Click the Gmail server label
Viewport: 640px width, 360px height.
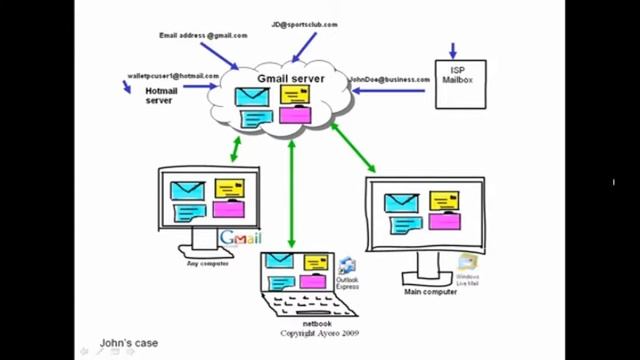291,77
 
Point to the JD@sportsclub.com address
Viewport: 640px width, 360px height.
304,24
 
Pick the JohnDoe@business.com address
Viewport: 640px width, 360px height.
388,78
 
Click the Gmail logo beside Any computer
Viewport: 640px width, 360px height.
240,237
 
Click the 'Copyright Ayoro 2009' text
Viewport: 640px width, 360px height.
319,333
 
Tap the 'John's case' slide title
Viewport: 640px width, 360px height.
129,344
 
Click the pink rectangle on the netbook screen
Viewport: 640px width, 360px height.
312,281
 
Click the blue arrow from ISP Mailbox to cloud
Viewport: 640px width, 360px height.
390,91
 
